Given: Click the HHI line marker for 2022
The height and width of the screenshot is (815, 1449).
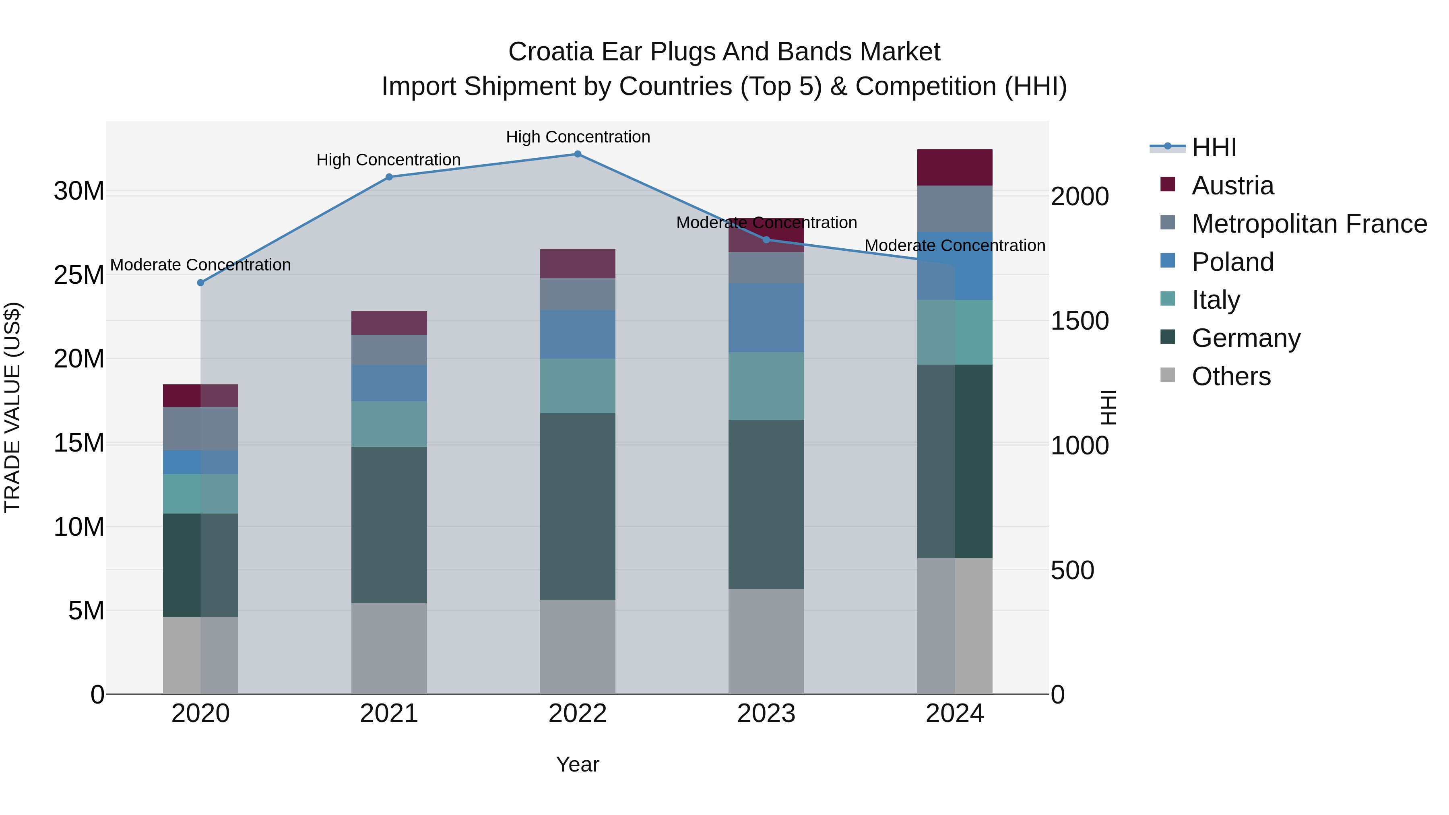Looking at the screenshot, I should pyautogui.click(x=577, y=154).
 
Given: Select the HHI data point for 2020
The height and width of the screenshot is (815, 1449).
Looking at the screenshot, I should pyautogui.click(x=200, y=283).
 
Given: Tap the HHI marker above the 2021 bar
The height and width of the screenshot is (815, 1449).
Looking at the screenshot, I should pyautogui.click(x=389, y=177).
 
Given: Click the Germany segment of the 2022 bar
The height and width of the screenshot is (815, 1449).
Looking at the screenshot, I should pyautogui.click(x=577, y=506).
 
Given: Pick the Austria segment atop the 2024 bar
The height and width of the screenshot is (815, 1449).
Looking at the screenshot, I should pyautogui.click(x=955, y=167).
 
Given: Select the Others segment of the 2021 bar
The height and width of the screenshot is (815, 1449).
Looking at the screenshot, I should pyautogui.click(x=389, y=648).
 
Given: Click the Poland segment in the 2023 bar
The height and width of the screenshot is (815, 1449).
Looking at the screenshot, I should pyautogui.click(x=766, y=318).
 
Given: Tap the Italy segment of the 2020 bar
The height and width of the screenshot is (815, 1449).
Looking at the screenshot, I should pyautogui.click(x=200, y=493).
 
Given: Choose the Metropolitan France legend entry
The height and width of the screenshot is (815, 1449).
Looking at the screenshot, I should pyautogui.click(x=1309, y=223).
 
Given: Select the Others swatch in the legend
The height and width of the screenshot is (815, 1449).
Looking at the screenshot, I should pyautogui.click(x=1168, y=375).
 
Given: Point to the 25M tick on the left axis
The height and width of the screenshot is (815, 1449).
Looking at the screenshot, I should pyautogui.click(x=79, y=275).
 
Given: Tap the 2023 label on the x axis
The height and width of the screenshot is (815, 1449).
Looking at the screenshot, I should pyautogui.click(x=766, y=714).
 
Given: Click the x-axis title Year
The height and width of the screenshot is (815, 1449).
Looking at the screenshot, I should pyautogui.click(x=577, y=764).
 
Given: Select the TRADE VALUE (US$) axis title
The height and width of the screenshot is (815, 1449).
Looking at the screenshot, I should pyautogui.click(x=12, y=407).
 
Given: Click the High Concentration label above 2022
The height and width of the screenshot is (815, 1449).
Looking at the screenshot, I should pyautogui.click(x=577, y=137).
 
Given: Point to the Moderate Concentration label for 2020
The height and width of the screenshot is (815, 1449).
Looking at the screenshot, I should pyautogui.click(x=200, y=264).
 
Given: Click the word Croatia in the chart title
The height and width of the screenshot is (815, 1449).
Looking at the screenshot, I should pyautogui.click(x=550, y=52).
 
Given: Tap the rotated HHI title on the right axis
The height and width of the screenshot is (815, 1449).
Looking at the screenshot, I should pyautogui.click(x=1108, y=407).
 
